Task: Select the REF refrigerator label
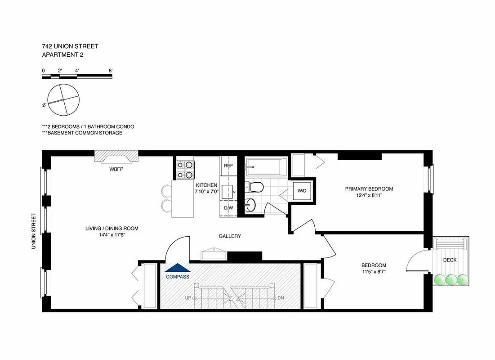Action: click(x=228, y=166)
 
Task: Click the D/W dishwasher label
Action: click(x=228, y=208)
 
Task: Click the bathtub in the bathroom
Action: click(x=266, y=168)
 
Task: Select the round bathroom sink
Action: click(x=250, y=205)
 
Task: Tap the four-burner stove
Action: click(x=185, y=169)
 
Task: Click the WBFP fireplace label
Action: click(x=116, y=170)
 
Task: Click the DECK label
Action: click(x=450, y=260)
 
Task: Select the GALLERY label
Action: click(x=230, y=236)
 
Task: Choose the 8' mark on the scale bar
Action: click(x=110, y=71)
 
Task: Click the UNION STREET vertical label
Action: click(x=33, y=231)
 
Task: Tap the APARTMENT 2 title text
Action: click(x=62, y=54)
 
